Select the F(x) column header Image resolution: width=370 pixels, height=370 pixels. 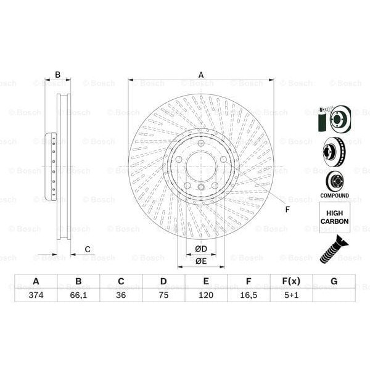pyautogui.click(x=291, y=281)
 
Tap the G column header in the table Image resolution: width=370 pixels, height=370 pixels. pyautogui.click(x=334, y=281)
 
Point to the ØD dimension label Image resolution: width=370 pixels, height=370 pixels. pyautogui.click(x=201, y=249)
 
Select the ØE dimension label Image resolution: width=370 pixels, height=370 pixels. pyautogui.click(x=201, y=261)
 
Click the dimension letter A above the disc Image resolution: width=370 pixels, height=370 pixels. pyautogui.click(x=201, y=75)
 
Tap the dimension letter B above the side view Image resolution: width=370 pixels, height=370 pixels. pyautogui.click(x=58, y=75)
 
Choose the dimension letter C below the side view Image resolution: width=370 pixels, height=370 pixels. pyautogui.click(x=88, y=249)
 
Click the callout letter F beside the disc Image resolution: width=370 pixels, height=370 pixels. pyautogui.click(x=287, y=210)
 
